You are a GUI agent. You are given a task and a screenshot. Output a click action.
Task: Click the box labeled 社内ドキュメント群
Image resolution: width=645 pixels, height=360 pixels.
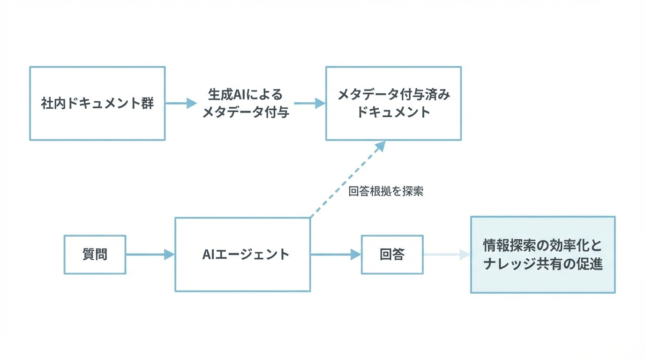[x=97, y=103]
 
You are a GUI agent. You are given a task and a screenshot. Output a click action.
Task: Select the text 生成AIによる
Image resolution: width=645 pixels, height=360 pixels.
[x=245, y=94]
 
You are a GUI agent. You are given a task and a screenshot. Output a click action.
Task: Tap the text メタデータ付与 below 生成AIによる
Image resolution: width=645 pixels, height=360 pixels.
[x=245, y=112]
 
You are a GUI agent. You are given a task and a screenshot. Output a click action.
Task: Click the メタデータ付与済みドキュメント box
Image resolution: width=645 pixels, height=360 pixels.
[x=393, y=103]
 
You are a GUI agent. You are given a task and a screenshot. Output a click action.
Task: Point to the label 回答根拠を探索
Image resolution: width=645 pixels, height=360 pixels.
[x=386, y=191]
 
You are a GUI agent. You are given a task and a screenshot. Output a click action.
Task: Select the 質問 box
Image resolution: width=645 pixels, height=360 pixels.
[x=95, y=255]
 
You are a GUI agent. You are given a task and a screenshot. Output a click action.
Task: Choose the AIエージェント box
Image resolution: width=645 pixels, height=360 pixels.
[x=242, y=255]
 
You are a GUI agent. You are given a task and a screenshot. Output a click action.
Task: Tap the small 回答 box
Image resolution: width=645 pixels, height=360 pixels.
[x=392, y=255]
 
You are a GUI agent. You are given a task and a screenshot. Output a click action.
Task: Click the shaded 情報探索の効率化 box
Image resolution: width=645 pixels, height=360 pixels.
[x=543, y=255]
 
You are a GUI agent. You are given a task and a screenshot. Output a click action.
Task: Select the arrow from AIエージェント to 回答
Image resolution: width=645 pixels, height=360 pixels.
[x=336, y=255]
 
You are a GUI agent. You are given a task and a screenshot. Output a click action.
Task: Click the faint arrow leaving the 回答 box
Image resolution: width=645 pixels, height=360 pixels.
[x=446, y=255]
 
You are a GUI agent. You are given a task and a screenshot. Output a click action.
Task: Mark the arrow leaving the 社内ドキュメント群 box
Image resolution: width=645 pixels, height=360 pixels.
[x=181, y=103]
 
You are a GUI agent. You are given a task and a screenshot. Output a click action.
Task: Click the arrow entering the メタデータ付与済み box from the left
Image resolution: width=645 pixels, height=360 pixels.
[x=310, y=103]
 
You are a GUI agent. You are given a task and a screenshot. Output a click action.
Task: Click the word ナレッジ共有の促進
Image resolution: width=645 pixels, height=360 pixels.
[x=543, y=264]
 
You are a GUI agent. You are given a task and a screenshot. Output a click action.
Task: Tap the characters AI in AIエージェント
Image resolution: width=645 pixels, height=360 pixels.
[x=209, y=255]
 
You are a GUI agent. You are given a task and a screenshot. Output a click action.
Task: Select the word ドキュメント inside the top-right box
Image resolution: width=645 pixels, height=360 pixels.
[x=393, y=112]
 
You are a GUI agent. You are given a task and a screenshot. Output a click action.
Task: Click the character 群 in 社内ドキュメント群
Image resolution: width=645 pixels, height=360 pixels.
[x=148, y=103]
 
